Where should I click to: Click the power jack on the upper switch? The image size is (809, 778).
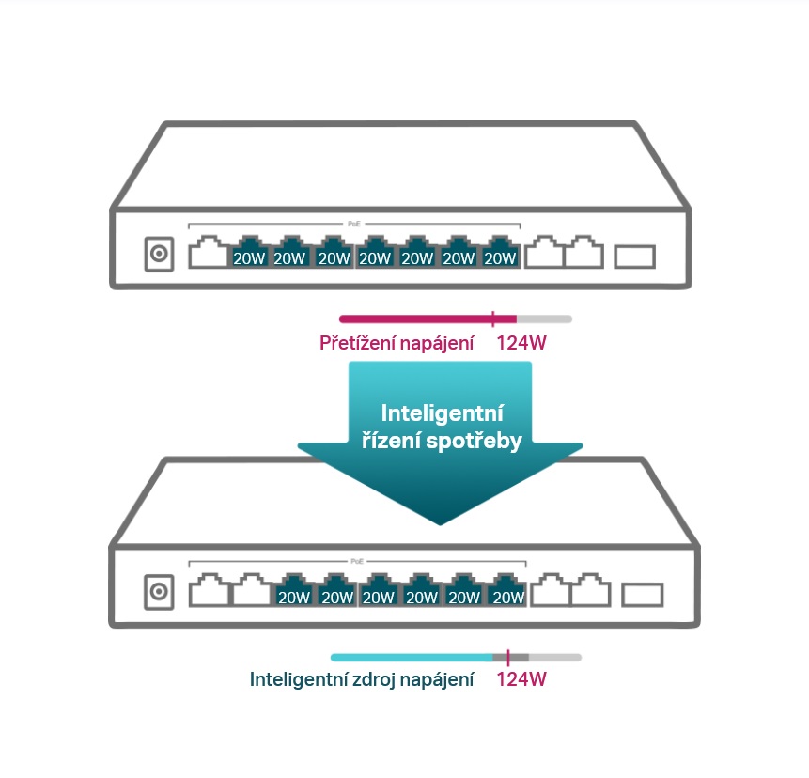(159, 254)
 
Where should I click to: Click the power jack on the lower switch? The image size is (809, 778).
(159, 591)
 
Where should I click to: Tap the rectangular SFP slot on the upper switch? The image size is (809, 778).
(634, 257)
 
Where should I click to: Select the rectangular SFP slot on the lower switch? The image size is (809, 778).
(643, 595)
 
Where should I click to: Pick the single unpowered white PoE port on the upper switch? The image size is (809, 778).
(208, 252)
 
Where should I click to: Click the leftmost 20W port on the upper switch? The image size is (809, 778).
(249, 252)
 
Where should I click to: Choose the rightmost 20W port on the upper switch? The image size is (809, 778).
(500, 252)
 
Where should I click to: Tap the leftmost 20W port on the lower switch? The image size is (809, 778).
(293, 590)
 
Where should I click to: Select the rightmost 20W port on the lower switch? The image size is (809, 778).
(507, 590)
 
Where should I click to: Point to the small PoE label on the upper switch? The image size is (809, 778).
(354, 224)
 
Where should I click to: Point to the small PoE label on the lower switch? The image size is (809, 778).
(357, 561)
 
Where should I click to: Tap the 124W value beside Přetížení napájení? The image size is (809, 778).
(521, 343)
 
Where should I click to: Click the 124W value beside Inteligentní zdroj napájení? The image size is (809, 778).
(521, 679)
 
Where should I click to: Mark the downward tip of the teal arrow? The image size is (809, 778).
(440, 525)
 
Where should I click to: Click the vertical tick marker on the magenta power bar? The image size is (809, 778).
(493, 319)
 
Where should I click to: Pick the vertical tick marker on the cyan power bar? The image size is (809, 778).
(508, 658)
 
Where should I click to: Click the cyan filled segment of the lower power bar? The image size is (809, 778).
(412, 658)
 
